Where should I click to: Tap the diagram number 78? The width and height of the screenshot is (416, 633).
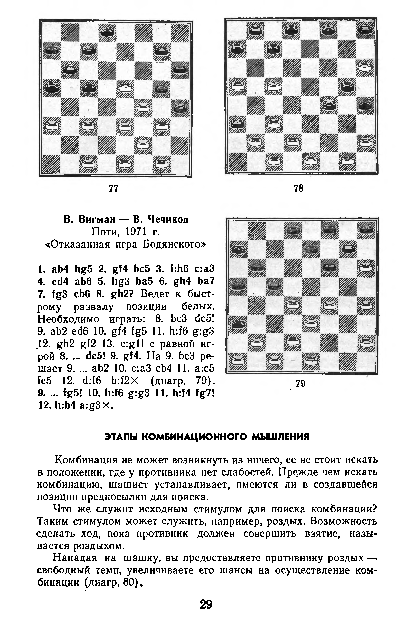point(298,188)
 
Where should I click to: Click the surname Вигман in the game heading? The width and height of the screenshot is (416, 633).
point(97,220)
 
